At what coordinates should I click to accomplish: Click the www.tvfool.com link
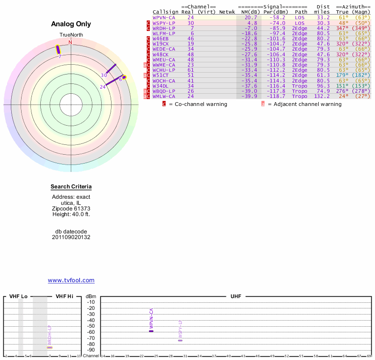[x=71, y=280]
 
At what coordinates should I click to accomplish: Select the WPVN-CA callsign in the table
[x=164, y=17]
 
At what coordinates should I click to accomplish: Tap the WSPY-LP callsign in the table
[x=164, y=22]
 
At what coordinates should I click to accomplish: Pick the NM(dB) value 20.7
[x=251, y=17]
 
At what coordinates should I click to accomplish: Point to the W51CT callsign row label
[x=160, y=75]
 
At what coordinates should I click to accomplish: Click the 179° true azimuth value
[x=342, y=75]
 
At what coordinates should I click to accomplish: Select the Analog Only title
[x=71, y=24]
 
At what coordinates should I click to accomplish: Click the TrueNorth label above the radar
[x=71, y=35]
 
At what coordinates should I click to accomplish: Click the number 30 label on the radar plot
[x=104, y=75]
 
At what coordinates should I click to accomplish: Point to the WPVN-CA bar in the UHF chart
[x=151, y=331]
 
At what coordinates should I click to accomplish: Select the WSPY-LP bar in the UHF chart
[x=180, y=340]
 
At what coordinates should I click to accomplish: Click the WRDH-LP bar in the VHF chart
[x=50, y=347]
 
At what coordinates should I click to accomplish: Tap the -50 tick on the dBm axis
[x=91, y=326]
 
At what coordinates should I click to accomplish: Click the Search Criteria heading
[x=71, y=187]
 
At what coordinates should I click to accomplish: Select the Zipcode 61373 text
[x=71, y=209]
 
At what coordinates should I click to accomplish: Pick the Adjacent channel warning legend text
[x=304, y=104]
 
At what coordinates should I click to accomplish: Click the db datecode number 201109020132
[x=71, y=237]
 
